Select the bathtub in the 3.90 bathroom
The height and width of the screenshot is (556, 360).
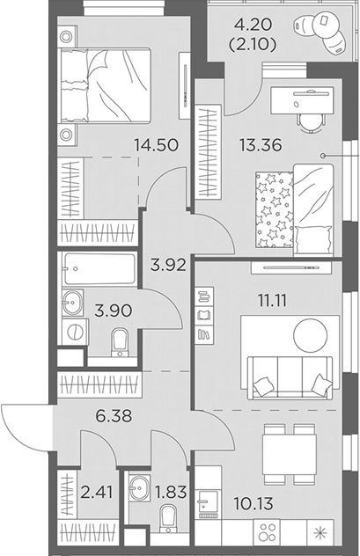point(97,267)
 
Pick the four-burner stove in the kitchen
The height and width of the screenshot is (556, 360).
point(269,533)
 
